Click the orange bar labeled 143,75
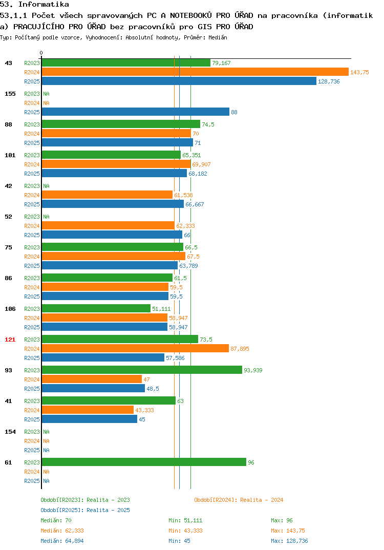[196, 72]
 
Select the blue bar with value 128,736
[179, 81]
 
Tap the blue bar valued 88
[136, 112]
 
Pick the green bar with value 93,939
[142, 370]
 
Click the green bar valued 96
[144, 462]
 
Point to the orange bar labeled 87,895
[135, 348]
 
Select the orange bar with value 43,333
[88, 410]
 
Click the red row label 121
[10, 340]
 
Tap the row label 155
[10, 94]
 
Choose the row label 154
[10, 432]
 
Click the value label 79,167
[221, 63]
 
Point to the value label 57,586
[175, 358]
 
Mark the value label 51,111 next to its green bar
[161, 309]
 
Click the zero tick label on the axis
[41, 53]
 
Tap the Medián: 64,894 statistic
[62, 541]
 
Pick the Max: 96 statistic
[282, 520]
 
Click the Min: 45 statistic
[180, 541]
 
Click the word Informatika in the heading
[44, 5]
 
